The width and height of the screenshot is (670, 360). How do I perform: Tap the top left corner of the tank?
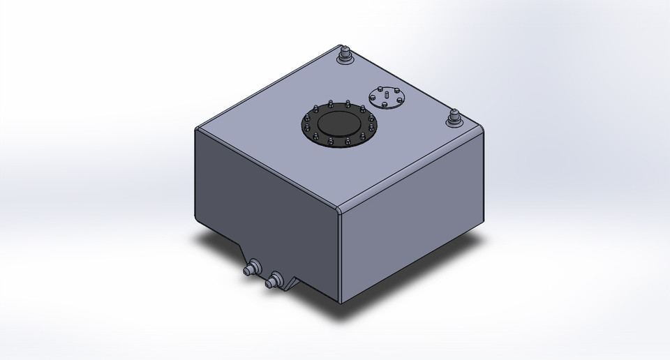tap(197, 130)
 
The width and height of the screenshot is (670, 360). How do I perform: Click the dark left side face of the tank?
tap(265, 202)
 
